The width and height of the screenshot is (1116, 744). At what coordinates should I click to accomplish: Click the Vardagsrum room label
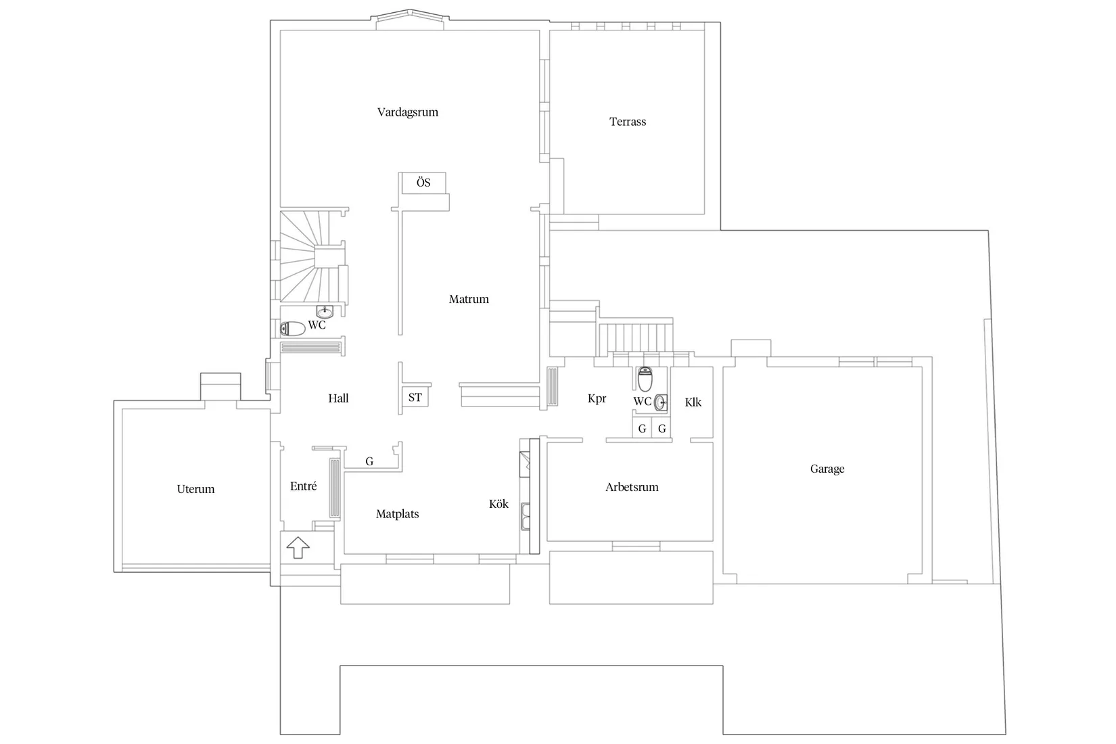pyautogui.click(x=408, y=113)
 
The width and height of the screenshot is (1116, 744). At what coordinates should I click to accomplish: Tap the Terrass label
pyautogui.click(x=627, y=122)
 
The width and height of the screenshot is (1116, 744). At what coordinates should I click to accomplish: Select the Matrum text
pyautogui.click(x=469, y=299)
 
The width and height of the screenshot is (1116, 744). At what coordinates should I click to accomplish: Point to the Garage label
pyautogui.click(x=827, y=469)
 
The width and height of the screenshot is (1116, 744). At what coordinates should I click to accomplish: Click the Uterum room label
pyautogui.click(x=195, y=490)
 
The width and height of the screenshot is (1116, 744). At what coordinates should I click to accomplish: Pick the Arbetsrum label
pyautogui.click(x=632, y=487)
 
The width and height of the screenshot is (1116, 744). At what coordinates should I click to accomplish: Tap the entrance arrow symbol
pyautogui.click(x=298, y=547)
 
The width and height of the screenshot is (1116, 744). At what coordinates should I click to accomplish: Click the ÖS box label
pyautogui.click(x=423, y=183)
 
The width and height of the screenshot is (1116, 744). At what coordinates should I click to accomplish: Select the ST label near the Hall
pyautogui.click(x=415, y=398)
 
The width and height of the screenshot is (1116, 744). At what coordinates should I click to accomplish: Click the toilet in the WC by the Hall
pyautogui.click(x=292, y=329)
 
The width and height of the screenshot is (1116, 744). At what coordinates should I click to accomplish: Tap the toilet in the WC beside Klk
pyautogui.click(x=645, y=379)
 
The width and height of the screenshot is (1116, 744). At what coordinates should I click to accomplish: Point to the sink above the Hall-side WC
pyautogui.click(x=325, y=312)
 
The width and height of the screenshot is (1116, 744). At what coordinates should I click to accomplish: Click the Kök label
pyautogui.click(x=498, y=504)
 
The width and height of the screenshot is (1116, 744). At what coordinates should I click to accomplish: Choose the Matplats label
pyautogui.click(x=397, y=514)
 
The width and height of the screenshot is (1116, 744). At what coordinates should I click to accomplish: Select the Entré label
pyautogui.click(x=304, y=486)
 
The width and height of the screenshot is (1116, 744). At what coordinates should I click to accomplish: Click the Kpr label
pyautogui.click(x=597, y=398)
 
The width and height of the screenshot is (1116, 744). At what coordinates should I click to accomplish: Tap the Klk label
pyautogui.click(x=693, y=402)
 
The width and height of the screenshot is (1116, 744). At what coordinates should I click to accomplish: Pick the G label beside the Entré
pyautogui.click(x=369, y=461)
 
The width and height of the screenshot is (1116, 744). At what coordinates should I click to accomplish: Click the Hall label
pyautogui.click(x=338, y=398)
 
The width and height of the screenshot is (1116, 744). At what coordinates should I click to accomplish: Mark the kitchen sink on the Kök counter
pyautogui.click(x=525, y=517)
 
